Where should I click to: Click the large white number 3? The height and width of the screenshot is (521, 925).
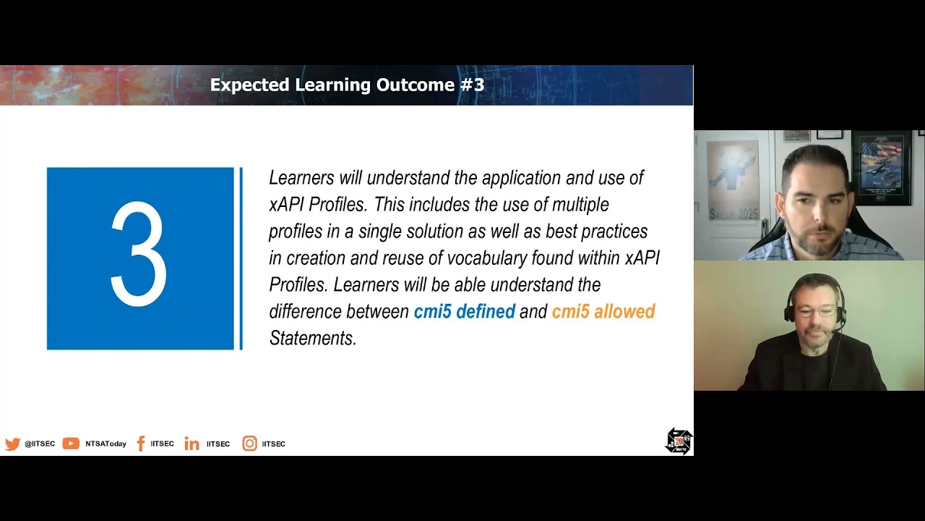coord(139,254)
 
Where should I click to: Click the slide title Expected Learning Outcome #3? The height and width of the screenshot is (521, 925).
coord(347,85)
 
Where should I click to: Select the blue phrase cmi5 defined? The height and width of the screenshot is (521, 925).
coord(465,311)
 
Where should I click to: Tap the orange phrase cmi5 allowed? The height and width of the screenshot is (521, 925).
coord(603,311)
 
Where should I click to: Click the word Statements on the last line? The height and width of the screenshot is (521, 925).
coord(313,338)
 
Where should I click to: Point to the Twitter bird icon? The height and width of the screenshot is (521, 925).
coord(13,444)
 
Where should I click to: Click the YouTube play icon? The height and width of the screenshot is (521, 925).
coord(71,444)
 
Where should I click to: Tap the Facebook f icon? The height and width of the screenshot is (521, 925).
coord(141,444)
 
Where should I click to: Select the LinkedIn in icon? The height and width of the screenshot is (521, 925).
coord(192,444)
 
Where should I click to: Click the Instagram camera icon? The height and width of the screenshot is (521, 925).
coord(249,444)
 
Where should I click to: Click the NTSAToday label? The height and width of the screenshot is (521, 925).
coord(106,444)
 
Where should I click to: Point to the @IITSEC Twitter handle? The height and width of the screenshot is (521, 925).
coord(40,444)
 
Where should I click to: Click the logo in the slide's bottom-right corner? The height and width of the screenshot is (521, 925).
coord(679,441)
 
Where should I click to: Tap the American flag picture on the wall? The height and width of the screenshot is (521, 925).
coord(880,166)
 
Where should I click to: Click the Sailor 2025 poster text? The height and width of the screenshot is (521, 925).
coord(733,213)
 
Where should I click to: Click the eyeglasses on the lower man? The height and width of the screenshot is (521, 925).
coord(814,311)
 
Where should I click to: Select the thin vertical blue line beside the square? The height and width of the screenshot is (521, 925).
coord(241,258)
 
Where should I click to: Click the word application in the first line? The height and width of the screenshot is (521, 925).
coord(522,178)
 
